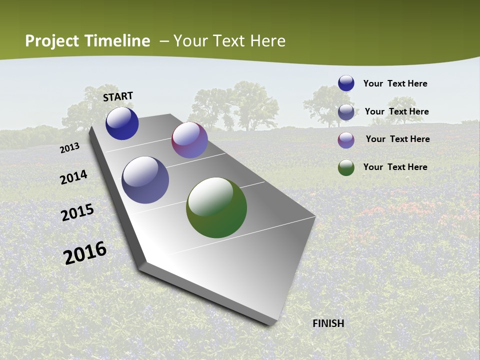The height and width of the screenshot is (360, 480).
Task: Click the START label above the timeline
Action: pos(118,96)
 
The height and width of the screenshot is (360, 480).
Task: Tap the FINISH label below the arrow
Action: pos(328,323)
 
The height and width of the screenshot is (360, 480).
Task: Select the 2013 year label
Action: pos(69,148)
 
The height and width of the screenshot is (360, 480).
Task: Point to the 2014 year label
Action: pos(73,177)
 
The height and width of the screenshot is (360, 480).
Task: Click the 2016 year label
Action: pos(85,252)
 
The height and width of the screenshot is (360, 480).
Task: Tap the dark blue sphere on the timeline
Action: pos(122,123)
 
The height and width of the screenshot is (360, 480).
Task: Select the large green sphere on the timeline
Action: pos(216,207)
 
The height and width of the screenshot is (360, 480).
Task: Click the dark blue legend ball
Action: pos(346,83)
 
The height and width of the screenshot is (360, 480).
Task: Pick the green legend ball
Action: pos(346,167)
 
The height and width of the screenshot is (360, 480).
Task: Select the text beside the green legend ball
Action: pos(395,167)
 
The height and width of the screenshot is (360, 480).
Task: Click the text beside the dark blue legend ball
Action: pos(395,83)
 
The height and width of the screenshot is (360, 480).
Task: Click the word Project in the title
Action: pos(52,41)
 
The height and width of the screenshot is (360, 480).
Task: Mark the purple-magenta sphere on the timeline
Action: pos(189,140)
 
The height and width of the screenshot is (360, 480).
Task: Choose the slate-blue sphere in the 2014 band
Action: pos(145,180)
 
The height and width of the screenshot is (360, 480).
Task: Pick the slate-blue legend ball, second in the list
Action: pos(346,112)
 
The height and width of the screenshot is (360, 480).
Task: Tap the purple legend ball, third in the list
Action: pos(346,140)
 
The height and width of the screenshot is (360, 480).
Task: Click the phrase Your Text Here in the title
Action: pos(229,41)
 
